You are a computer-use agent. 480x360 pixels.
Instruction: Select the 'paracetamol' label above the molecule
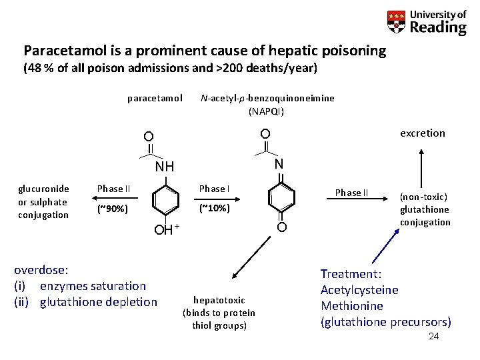(x=155, y=99)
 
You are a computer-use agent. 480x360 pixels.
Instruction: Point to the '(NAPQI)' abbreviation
(x=267, y=111)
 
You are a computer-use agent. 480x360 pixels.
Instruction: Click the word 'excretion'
(x=422, y=133)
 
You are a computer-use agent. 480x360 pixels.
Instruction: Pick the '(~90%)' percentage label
(x=113, y=209)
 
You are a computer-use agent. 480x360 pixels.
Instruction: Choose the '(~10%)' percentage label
(x=214, y=209)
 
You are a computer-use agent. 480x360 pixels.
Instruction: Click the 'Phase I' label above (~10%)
(x=214, y=189)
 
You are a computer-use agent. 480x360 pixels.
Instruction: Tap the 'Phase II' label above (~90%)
(x=114, y=189)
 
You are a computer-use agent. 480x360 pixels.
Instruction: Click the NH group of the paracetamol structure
(x=165, y=165)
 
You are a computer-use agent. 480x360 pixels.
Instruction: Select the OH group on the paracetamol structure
(x=164, y=231)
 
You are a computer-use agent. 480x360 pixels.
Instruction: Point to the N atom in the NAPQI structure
(x=279, y=163)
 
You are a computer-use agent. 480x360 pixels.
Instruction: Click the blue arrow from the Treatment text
(x=383, y=247)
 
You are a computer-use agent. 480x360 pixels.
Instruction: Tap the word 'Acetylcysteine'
(x=359, y=290)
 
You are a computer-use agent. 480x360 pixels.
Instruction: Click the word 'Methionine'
(x=351, y=306)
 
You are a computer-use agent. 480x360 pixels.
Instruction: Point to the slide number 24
(x=433, y=337)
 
